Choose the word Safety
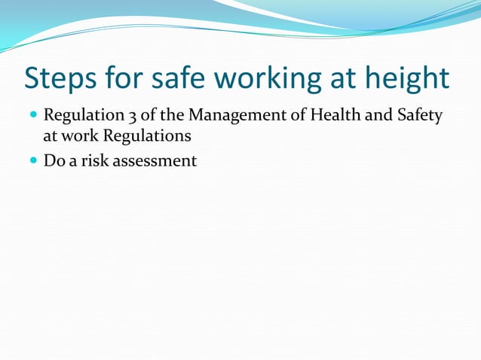418,117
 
